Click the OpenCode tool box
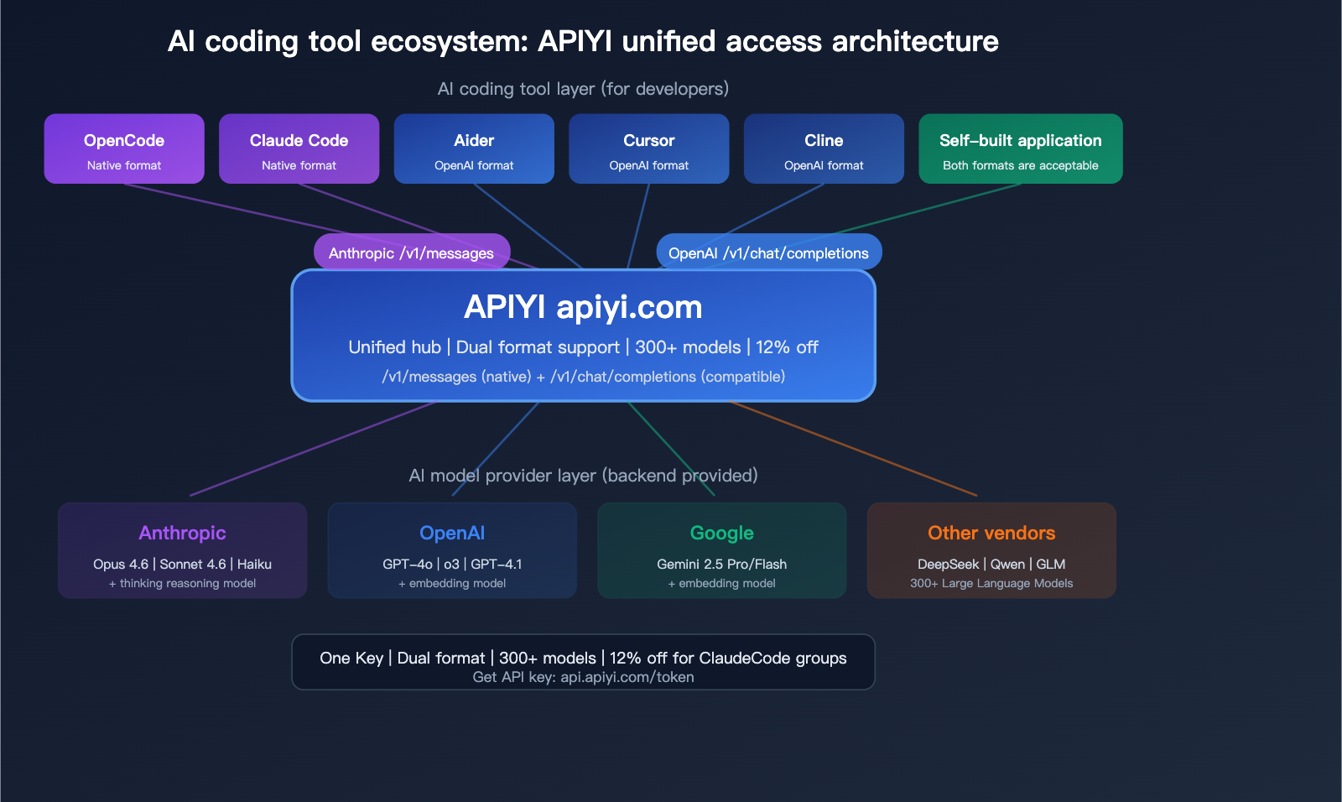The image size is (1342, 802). click(x=124, y=148)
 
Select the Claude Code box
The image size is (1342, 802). click(x=299, y=148)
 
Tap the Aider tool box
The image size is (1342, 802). click(x=474, y=148)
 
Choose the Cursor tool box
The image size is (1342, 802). click(x=648, y=148)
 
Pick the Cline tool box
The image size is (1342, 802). click(x=824, y=148)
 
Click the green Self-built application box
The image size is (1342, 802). click(x=1020, y=148)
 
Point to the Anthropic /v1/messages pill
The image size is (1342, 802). click(x=411, y=253)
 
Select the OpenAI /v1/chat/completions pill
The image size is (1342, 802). click(x=768, y=253)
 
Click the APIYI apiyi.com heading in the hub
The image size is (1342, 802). click(x=583, y=307)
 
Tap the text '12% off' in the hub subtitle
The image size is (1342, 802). click(x=787, y=347)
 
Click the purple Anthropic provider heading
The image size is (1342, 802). click(x=182, y=533)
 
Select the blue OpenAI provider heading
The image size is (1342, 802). click(x=452, y=533)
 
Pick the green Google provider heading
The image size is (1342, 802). click(x=721, y=533)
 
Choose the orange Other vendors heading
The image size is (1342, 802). click(x=991, y=533)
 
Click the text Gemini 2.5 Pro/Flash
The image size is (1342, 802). click(x=721, y=564)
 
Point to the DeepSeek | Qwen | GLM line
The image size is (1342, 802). click(x=991, y=564)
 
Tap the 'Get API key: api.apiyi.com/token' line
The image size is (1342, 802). click(x=583, y=677)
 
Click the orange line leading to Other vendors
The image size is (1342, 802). click(x=856, y=449)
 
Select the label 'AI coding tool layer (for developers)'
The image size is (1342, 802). click(x=583, y=89)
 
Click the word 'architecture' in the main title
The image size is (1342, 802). click(x=915, y=41)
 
